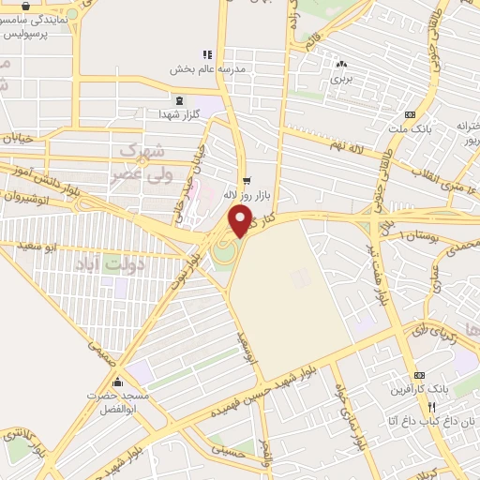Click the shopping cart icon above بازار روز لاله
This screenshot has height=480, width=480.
coord(246,180)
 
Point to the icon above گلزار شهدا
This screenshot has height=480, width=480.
coord(179,98)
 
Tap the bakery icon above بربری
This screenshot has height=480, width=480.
coord(341,65)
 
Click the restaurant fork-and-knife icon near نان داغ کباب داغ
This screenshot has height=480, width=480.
coord(431,408)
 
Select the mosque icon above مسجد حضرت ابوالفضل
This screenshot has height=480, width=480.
coord(117,382)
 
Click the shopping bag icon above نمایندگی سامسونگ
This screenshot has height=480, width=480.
coord(24,5)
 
